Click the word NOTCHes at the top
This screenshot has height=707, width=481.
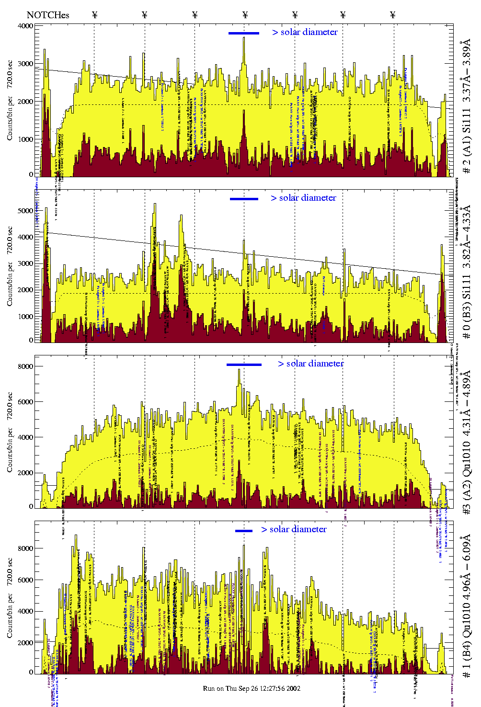point(48,15)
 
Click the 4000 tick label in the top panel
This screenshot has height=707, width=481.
point(26,26)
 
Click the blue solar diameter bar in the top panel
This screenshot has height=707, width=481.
point(244,33)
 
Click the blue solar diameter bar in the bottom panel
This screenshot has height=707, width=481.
point(244,531)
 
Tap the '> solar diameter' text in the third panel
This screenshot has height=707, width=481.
point(311,364)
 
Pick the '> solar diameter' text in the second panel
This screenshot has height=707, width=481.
point(304,198)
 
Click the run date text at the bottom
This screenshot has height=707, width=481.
point(252,688)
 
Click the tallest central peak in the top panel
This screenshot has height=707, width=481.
point(244,38)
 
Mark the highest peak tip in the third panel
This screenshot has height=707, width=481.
point(239,370)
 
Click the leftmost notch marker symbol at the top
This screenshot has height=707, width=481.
point(94,15)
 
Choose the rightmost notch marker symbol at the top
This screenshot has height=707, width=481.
point(393,15)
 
